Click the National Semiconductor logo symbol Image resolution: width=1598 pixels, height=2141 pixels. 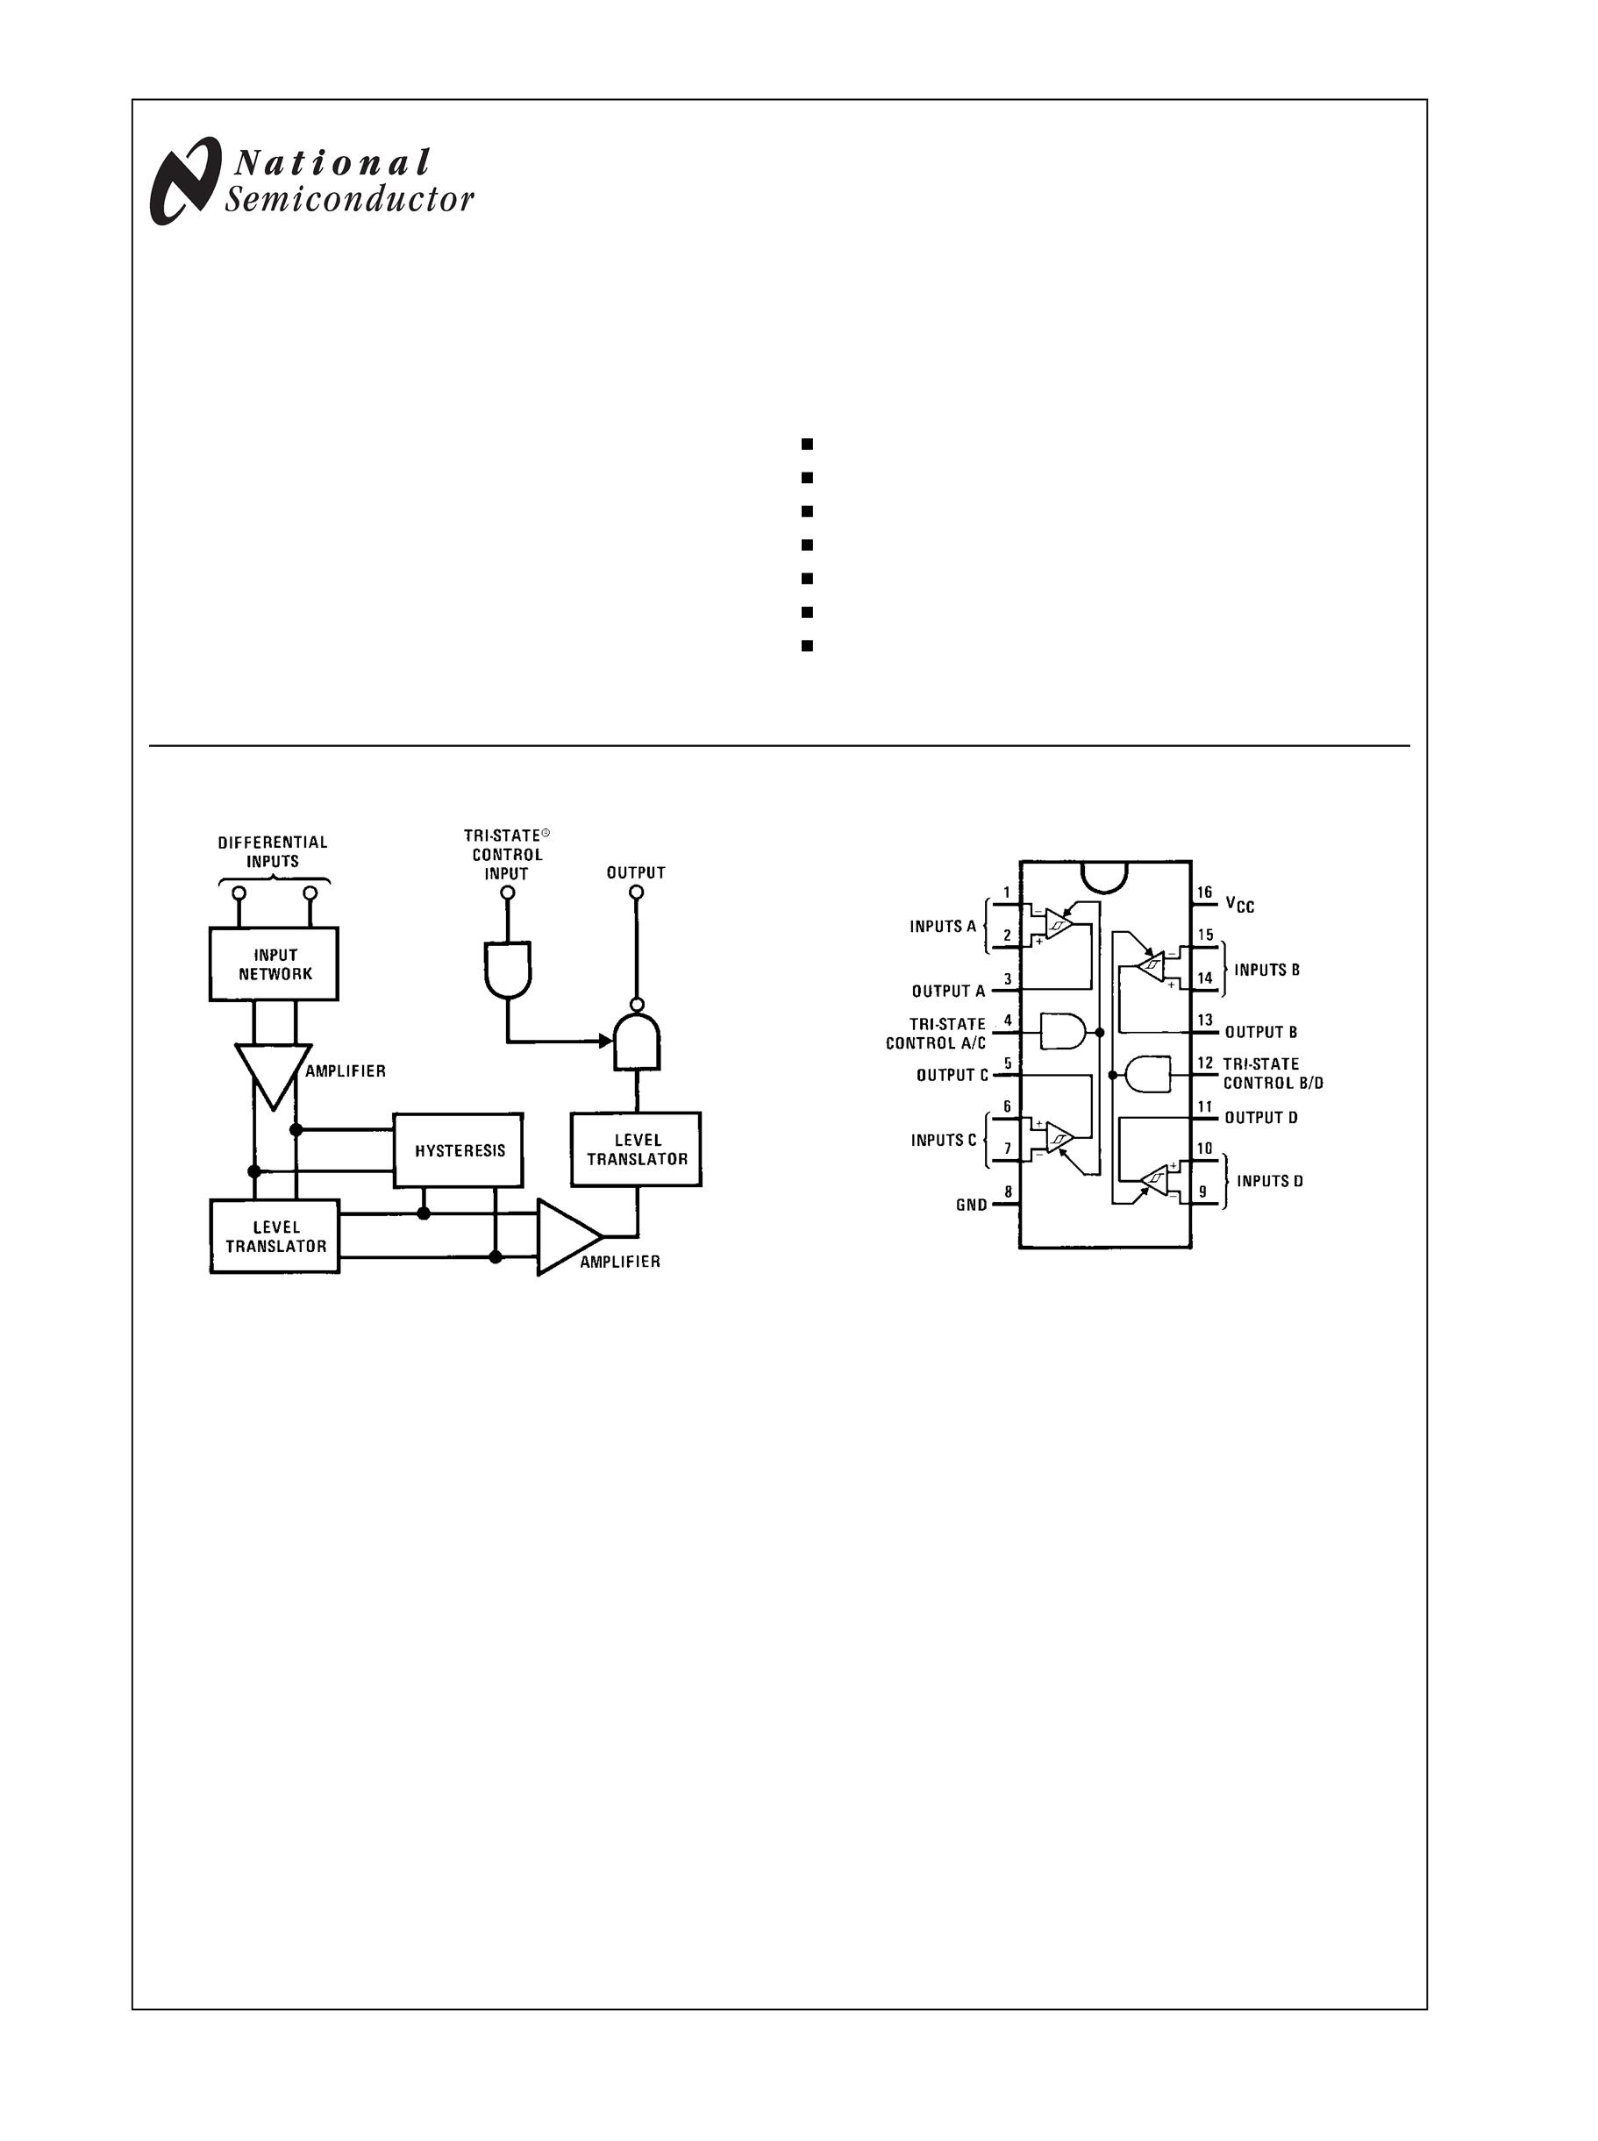[x=182, y=181]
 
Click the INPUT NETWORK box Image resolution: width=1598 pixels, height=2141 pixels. [x=274, y=964]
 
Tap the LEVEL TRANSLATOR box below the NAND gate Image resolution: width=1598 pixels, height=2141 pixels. [x=636, y=1149]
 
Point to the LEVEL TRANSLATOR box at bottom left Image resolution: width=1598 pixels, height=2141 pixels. [x=275, y=1237]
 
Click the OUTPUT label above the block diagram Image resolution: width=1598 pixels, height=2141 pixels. [x=636, y=872]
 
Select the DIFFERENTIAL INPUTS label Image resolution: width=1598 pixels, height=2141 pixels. [x=273, y=851]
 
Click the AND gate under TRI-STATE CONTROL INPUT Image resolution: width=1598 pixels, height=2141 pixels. [x=508, y=970]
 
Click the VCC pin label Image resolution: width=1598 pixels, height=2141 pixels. [x=1239, y=904]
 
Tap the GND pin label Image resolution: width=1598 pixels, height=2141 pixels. [x=971, y=1205]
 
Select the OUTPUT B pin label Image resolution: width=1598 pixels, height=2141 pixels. [x=1260, y=1032]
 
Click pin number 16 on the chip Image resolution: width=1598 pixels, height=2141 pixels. [x=1204, y=893]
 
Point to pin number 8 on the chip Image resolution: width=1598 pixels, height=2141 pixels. [x=1008, y=1191]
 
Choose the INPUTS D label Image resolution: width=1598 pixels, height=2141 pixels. [x=1269, y=1181]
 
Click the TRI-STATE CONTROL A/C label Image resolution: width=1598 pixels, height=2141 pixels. [x=937, y=1033]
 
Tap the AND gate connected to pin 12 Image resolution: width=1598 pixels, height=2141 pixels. [x=1148, y=1073]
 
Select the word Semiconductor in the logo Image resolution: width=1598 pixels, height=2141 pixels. [x=349, y=200]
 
